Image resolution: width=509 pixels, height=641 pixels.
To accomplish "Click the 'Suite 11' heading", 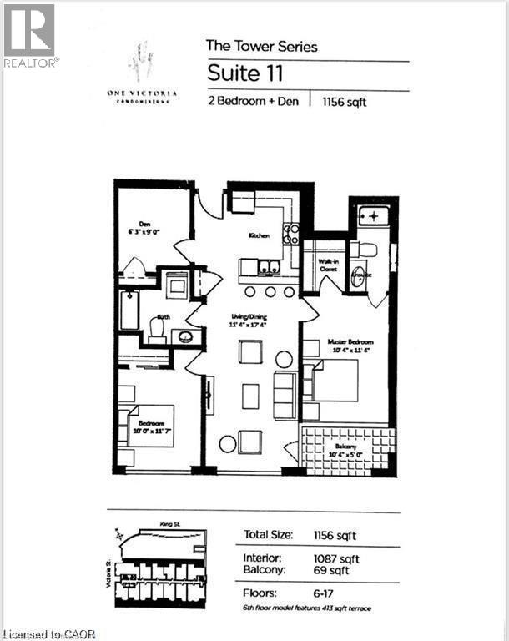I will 245,73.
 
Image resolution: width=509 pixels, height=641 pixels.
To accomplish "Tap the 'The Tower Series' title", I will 261,46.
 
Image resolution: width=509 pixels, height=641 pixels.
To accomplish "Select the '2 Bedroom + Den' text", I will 254,102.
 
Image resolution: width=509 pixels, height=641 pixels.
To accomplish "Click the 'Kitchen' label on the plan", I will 259,236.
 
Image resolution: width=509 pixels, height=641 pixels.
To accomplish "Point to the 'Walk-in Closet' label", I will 327,265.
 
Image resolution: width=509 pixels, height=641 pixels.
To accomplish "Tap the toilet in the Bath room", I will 157,326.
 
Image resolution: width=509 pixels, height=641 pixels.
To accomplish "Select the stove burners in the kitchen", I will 290,234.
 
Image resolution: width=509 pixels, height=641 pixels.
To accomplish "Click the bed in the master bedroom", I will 335,381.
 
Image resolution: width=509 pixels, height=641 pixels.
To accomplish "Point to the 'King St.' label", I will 170,524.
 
